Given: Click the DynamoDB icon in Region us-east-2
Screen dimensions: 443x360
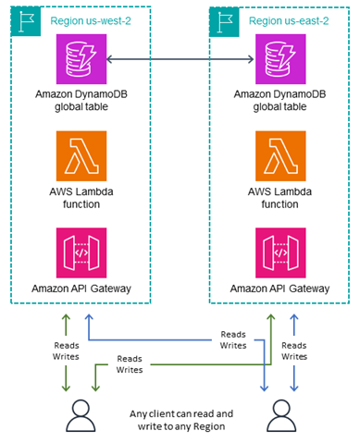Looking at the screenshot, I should [280, 58].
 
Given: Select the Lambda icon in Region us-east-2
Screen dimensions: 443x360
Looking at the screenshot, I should [280, 153].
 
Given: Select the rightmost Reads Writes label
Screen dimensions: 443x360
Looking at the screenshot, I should [294, 349].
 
